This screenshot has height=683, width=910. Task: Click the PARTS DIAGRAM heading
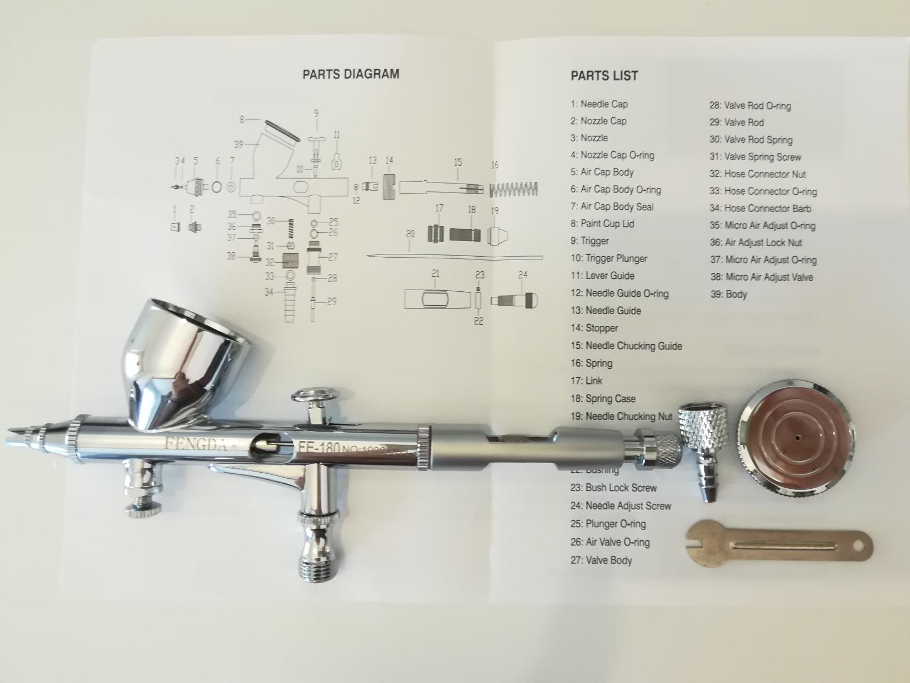pyautogui.click(x=350, y=74)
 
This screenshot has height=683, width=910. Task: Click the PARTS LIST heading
pyautogui.click(x=604, y=76)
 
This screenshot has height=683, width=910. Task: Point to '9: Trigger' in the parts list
pyautogui.click(x=589, y=241)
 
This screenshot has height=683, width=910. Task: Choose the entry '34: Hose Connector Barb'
pyautogui.click(x=761, y=209)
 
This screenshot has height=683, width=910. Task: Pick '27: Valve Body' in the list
pyautogui.click(x=601, y=560)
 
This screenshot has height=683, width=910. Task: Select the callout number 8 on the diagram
pyautogui.click(x=242, y=119)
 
